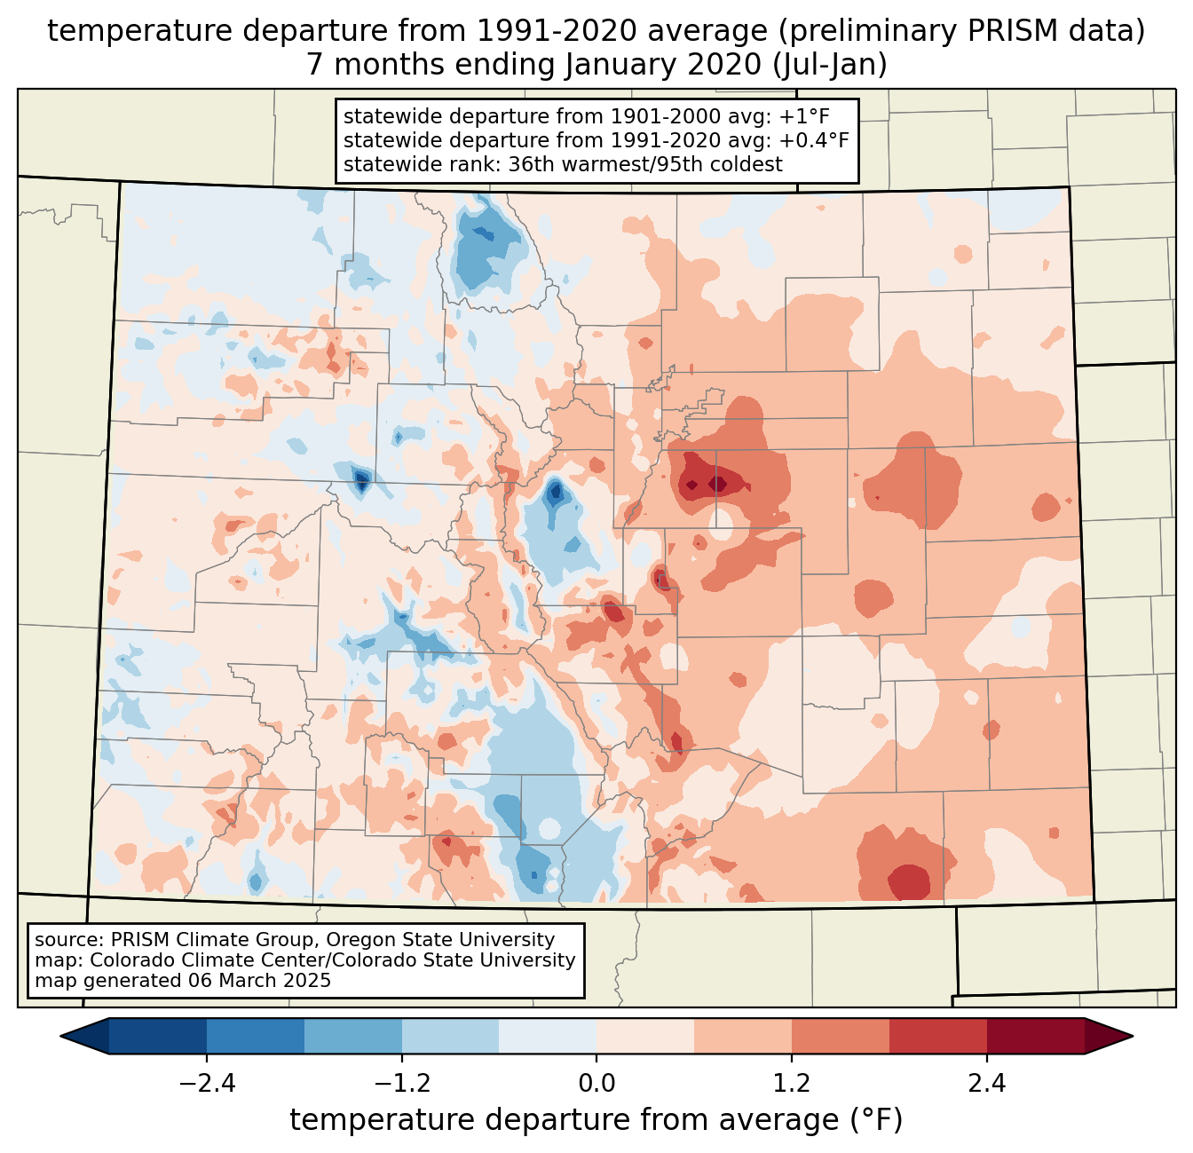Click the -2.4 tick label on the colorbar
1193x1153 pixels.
207,1084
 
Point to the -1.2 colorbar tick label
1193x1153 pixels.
401,1084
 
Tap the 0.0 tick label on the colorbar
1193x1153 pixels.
596,1084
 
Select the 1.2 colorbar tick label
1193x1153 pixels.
792,1084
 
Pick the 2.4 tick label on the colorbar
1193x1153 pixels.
987,1084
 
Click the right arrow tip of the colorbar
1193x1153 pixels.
1130,1036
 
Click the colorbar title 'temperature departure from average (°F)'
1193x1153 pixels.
596,1120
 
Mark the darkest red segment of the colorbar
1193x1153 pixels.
1035,1036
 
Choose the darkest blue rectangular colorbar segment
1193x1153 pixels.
158,1036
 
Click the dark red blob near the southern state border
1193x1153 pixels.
909,881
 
